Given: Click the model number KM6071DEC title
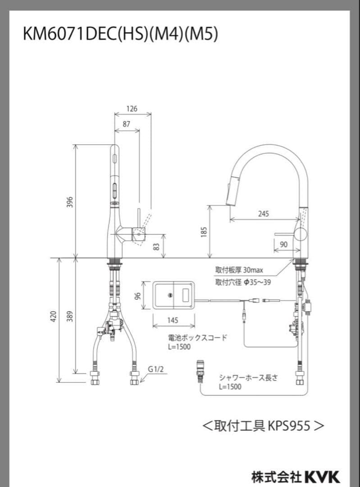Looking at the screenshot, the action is click(120, 34).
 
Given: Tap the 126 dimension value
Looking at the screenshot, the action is click(132, 109).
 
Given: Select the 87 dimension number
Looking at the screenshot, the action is click(126, 124).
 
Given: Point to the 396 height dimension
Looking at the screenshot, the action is click(70, 202).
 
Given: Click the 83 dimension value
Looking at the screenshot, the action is click(157, 247).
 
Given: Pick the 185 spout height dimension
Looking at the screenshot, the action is click(204, 232).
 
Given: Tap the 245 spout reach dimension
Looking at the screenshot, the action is click(264, 214).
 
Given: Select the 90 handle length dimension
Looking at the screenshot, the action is click(284, 244).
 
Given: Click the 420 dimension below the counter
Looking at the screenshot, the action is click(53, 316).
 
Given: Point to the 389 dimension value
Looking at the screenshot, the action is click(70, 316).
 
